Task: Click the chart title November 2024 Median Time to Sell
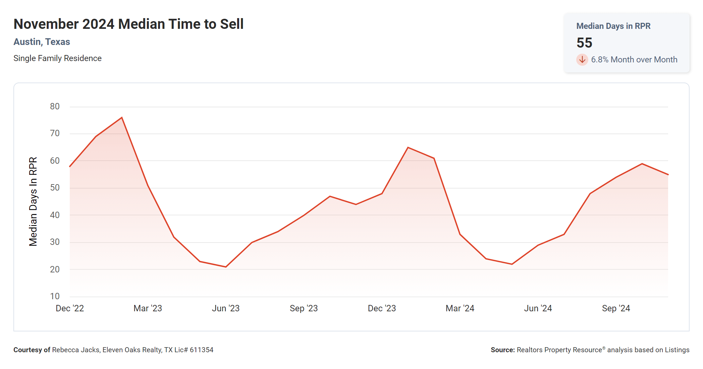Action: pos(128,24)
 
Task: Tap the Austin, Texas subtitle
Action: pos(42,42)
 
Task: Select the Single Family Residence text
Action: pos(57,58)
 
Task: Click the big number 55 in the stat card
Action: pos(584,43)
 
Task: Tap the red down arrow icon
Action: pos(582,60)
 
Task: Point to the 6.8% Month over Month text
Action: pos(634,60)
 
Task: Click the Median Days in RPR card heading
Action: pos(613,26)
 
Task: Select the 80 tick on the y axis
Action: pos(55,107)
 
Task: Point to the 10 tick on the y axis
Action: pos(55,296)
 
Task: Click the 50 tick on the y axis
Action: pos(55,188)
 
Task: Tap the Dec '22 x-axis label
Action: pos(70,308)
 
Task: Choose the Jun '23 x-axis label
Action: pos(226,308)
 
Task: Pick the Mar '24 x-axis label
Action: pos(460,308)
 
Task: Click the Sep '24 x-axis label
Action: pos(616,308)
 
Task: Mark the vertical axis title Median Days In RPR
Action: pos(33,201)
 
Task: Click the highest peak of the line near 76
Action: pos(122,117)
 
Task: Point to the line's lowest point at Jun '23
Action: pos(226,267)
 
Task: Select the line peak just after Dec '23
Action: pos(408,147)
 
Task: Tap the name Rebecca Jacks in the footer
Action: pos(76,350)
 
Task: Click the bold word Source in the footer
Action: pos(502,350)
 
